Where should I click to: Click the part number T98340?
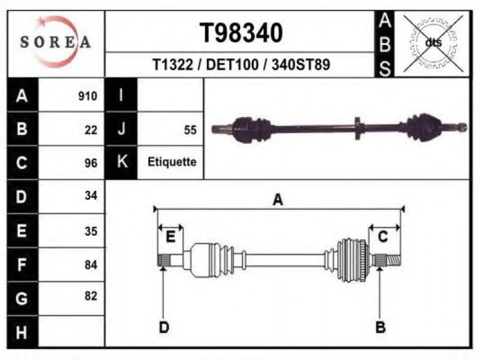pos(241,33)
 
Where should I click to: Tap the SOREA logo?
pos(56,41)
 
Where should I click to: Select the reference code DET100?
pos(232,65)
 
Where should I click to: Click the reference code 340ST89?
pos(301,65)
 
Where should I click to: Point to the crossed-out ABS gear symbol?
pos(433,43)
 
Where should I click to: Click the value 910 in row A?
pos(88,96)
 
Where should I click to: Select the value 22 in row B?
pos(91,130)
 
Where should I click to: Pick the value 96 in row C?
pos(91,163)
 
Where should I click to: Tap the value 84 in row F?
pos(91,265)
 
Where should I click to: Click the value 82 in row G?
pos(91,296)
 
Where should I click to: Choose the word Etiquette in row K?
pos(172,161)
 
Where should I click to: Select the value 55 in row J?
pos(190,130)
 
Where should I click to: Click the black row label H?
pos(22,332)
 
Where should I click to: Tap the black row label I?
pos(121,95)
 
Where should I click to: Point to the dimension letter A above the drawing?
pos(278,200)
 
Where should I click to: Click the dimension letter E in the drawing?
pos(170,236)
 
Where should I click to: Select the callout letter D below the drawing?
pos(164,328)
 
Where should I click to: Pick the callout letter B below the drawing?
pos(380,327)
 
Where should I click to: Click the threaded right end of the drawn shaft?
pos(394,261)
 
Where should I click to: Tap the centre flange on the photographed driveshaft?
pos(358,128)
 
